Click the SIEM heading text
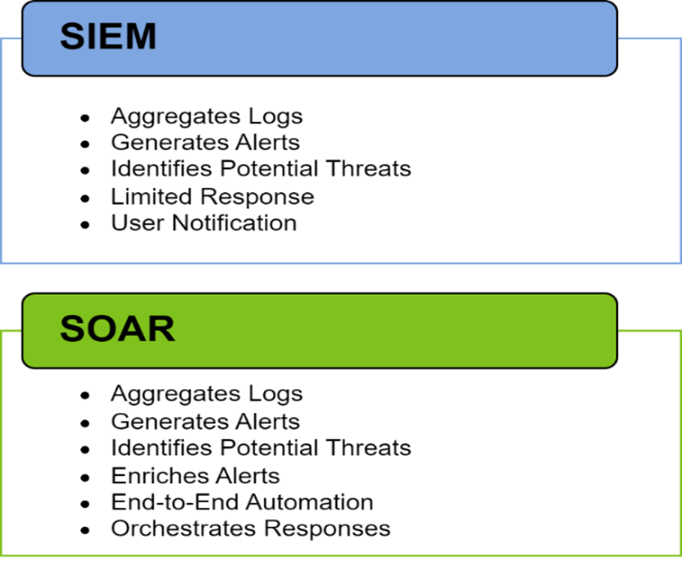coord(108,36)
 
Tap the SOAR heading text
coord(117,329)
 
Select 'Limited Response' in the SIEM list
coord(212,197)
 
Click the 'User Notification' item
coord(204,223)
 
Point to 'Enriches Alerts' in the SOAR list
coord(195,476)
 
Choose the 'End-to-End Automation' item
coord(242,502)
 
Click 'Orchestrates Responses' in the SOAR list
coord(251,529)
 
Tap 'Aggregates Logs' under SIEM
coord(207,117)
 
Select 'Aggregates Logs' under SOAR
coord(207,394)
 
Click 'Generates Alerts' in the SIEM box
coord(206,142)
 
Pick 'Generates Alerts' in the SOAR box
coord(206,421)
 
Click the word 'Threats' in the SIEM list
coord(368,168)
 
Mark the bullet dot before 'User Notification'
coord(85,225)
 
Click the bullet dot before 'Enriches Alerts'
coord(85,478)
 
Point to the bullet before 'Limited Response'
coord(85,198)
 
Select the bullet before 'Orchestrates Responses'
coord(85,531)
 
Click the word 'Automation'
coord(310,502)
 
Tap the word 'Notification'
coord(234,223)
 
